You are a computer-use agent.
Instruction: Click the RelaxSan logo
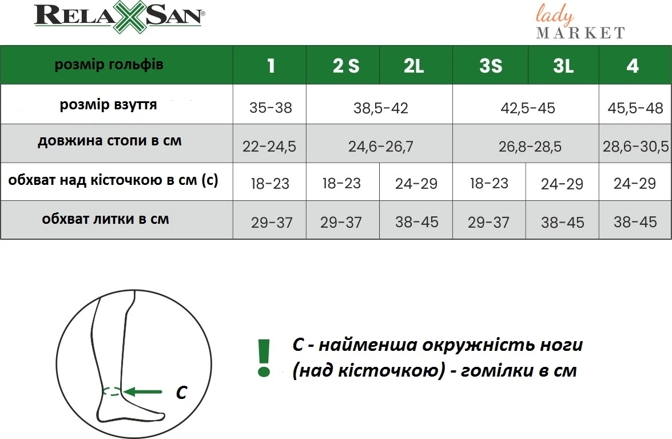[120, 17]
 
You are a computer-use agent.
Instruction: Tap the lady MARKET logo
[580, 21]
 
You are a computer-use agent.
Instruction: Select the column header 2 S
[346, 66]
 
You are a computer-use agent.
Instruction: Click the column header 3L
[563, 66]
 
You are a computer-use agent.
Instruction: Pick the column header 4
[633, 66]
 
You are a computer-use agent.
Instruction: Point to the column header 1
[271, 66]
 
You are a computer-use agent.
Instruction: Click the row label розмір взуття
[109, 105]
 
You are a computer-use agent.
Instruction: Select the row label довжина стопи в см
[110, 141]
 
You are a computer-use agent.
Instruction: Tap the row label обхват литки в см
[105, 219]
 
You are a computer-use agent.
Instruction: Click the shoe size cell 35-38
[271, 108]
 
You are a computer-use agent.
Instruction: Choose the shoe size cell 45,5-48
[635, 108]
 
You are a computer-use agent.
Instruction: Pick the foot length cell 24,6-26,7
[380, 147]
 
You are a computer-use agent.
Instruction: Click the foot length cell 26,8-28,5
[530, 147]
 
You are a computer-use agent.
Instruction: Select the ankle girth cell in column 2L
[416, 184]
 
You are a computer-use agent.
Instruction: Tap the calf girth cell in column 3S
[488, 223]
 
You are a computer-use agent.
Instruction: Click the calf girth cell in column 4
[635, 222]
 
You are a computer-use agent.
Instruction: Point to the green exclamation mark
[264, 358]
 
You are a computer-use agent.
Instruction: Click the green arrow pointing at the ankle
[143, 391]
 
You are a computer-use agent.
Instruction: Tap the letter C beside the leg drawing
[182, 392]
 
